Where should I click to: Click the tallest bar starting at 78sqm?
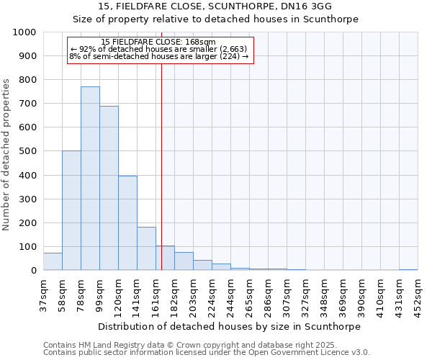pos(90,179)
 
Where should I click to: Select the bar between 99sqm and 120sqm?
pos(109,189)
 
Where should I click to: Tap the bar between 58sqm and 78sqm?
pos(71,210)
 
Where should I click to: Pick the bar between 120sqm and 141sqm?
pos(127,223)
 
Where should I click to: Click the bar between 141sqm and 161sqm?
pos(146,248)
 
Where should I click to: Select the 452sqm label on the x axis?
pos(418,294)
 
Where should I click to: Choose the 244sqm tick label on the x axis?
pos(231,294)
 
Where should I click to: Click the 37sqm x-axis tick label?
pos(44,293)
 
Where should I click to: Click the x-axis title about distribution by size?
pos(230,326)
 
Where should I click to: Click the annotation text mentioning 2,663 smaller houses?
pos(159,50)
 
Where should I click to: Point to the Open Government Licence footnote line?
pos(207,353)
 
